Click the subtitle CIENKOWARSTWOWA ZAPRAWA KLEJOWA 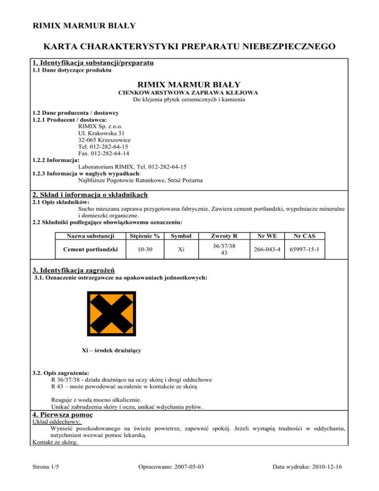189,92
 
